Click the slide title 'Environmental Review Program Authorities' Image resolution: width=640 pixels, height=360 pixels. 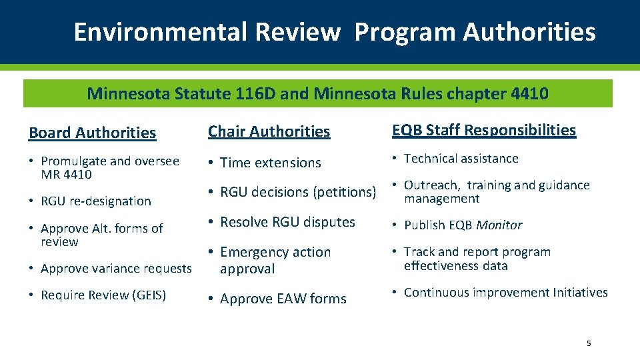pyautogui.click(x=334, y=32)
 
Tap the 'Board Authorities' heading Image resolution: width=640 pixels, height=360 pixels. pyautogui.click(x=92, y=133)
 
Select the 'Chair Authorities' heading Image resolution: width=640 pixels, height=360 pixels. pyautogui.click(x=269, y=131)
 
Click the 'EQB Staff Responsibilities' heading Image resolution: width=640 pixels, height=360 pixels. pyautogui.click(x=483, y=130)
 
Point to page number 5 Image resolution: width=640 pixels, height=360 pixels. pyautogui.click(x=588, y=343)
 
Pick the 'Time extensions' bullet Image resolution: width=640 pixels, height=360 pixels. pyautogui.click(x=270, y=163)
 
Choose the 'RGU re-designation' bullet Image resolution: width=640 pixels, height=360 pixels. pyautogui.click(x=96, y=201)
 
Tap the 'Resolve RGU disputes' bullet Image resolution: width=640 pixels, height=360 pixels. pyautogui.click(x=287, y=222)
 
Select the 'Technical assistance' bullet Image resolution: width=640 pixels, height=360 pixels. pyautogui.click(x=461, y=159)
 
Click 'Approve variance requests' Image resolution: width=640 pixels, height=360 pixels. pyautogui.click(x=116, y=269)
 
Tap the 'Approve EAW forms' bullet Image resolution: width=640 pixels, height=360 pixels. pyautogui.click(x=283, y=299)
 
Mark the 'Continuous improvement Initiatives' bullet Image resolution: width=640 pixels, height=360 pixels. pyautogui.click(x=505, y=293)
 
